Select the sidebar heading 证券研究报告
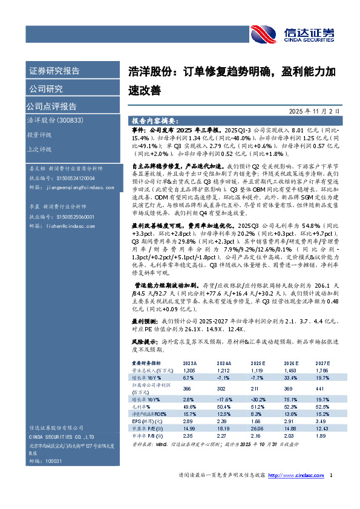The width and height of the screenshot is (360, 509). (x=54, y=71)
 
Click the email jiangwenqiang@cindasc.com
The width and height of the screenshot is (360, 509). (x=77, y=188)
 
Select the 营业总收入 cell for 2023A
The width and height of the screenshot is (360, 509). (x=190, y=369)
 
